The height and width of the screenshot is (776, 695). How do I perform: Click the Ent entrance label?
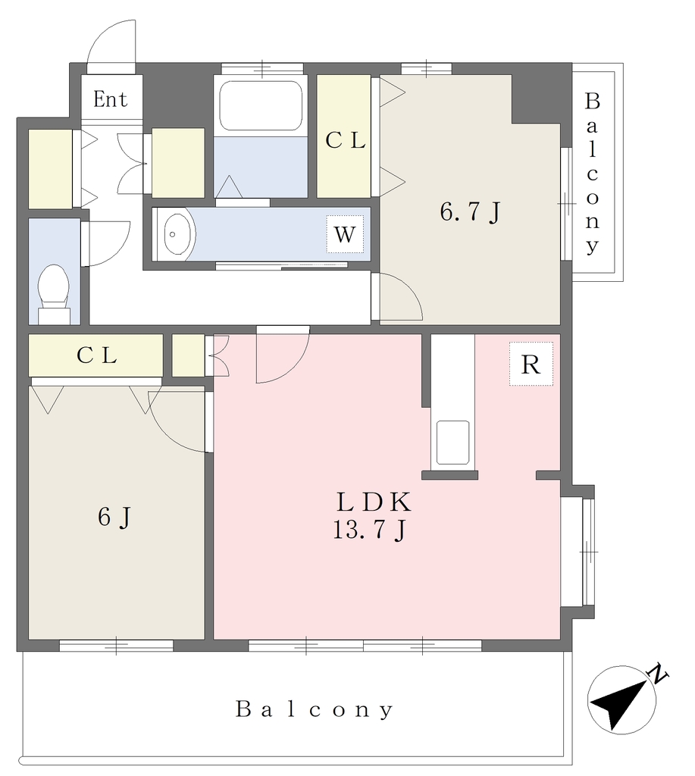click(110, 99)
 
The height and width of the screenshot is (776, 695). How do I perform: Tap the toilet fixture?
click(54, 294)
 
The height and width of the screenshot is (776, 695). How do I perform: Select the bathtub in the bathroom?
click(261, 105)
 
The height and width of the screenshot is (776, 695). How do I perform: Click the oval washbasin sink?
click(177, 234)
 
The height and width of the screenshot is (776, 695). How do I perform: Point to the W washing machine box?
click(345, 234)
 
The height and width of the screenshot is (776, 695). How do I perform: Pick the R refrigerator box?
click(531, 365)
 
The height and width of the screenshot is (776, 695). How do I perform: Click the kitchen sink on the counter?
click(452, 443)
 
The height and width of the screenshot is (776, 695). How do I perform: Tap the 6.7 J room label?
click(470, 213)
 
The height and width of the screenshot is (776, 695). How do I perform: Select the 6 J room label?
click(115, 518)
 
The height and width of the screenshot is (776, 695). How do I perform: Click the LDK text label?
click(374, 502)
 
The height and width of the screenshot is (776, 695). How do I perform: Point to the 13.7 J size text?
click(370, 530)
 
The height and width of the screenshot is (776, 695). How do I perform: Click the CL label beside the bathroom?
click(345, 141)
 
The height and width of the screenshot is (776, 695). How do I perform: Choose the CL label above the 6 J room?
click(96, 355)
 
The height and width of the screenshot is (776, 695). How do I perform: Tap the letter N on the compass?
click(659, 673)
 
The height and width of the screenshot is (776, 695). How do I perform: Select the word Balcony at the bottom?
click(315, 709)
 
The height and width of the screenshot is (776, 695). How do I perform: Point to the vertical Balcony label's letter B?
click(592, 102)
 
